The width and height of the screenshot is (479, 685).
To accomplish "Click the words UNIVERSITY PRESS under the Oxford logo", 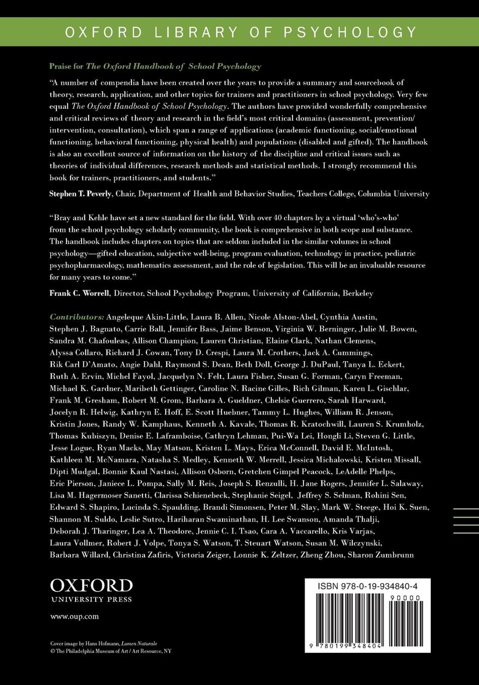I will click(x=91, y=599).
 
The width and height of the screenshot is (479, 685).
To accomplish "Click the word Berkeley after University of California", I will click(x=358, y=293).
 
